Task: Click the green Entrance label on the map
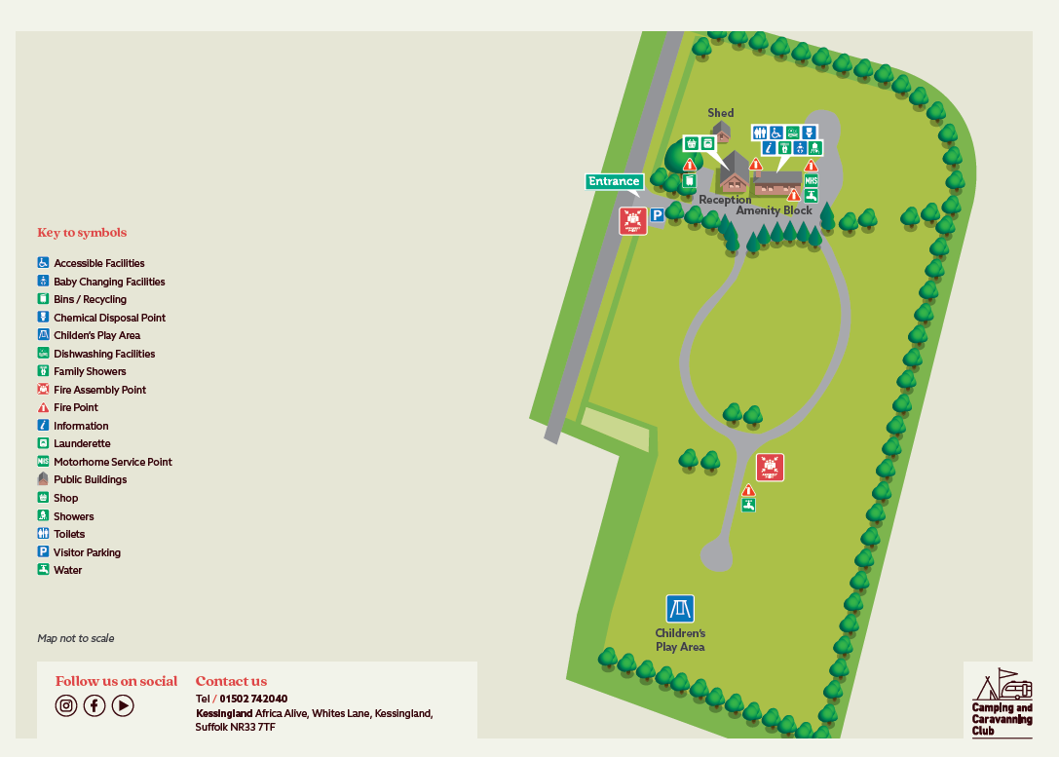tap(614, 181)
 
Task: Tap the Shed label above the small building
tap(720, 113)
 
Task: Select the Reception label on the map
tap(725, 200)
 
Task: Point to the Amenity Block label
tap(774, 210)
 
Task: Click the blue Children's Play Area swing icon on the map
tap(680, 609)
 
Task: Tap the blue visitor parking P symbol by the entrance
tap(657, 216)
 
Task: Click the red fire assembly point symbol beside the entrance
tap(633, 220)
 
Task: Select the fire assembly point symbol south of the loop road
tap(770, 468)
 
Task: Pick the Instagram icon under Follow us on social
tap(66, 705)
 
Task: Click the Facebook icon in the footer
tap(95, 705)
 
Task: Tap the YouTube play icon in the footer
tap(123, 705)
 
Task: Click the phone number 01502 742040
tap(253, 699)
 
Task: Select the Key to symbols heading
tap(82, 233)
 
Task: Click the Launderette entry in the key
tap(82, 443)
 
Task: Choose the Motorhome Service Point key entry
tap(112, 462)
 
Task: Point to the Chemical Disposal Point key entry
tap(109, 318)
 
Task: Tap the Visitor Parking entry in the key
tap(87, 552)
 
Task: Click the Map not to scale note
tap(76, 638)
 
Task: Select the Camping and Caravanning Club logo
tap(998, 700)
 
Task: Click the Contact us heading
tap(231, 681)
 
